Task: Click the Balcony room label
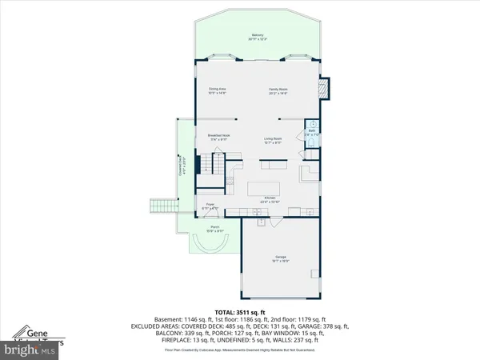click(258, 36)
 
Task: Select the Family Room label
click(278, 90)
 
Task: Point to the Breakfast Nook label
click(219, 137)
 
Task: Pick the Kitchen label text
click(270, 199)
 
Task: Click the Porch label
click(214, 229)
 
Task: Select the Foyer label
click(211, 206)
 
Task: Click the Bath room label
click(313, 134)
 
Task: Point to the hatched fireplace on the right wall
click(324, 87)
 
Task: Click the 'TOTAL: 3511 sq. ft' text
click(240, 311)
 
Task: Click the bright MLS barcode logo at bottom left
click(28, 350)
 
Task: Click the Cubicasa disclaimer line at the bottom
click(240, 350)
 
